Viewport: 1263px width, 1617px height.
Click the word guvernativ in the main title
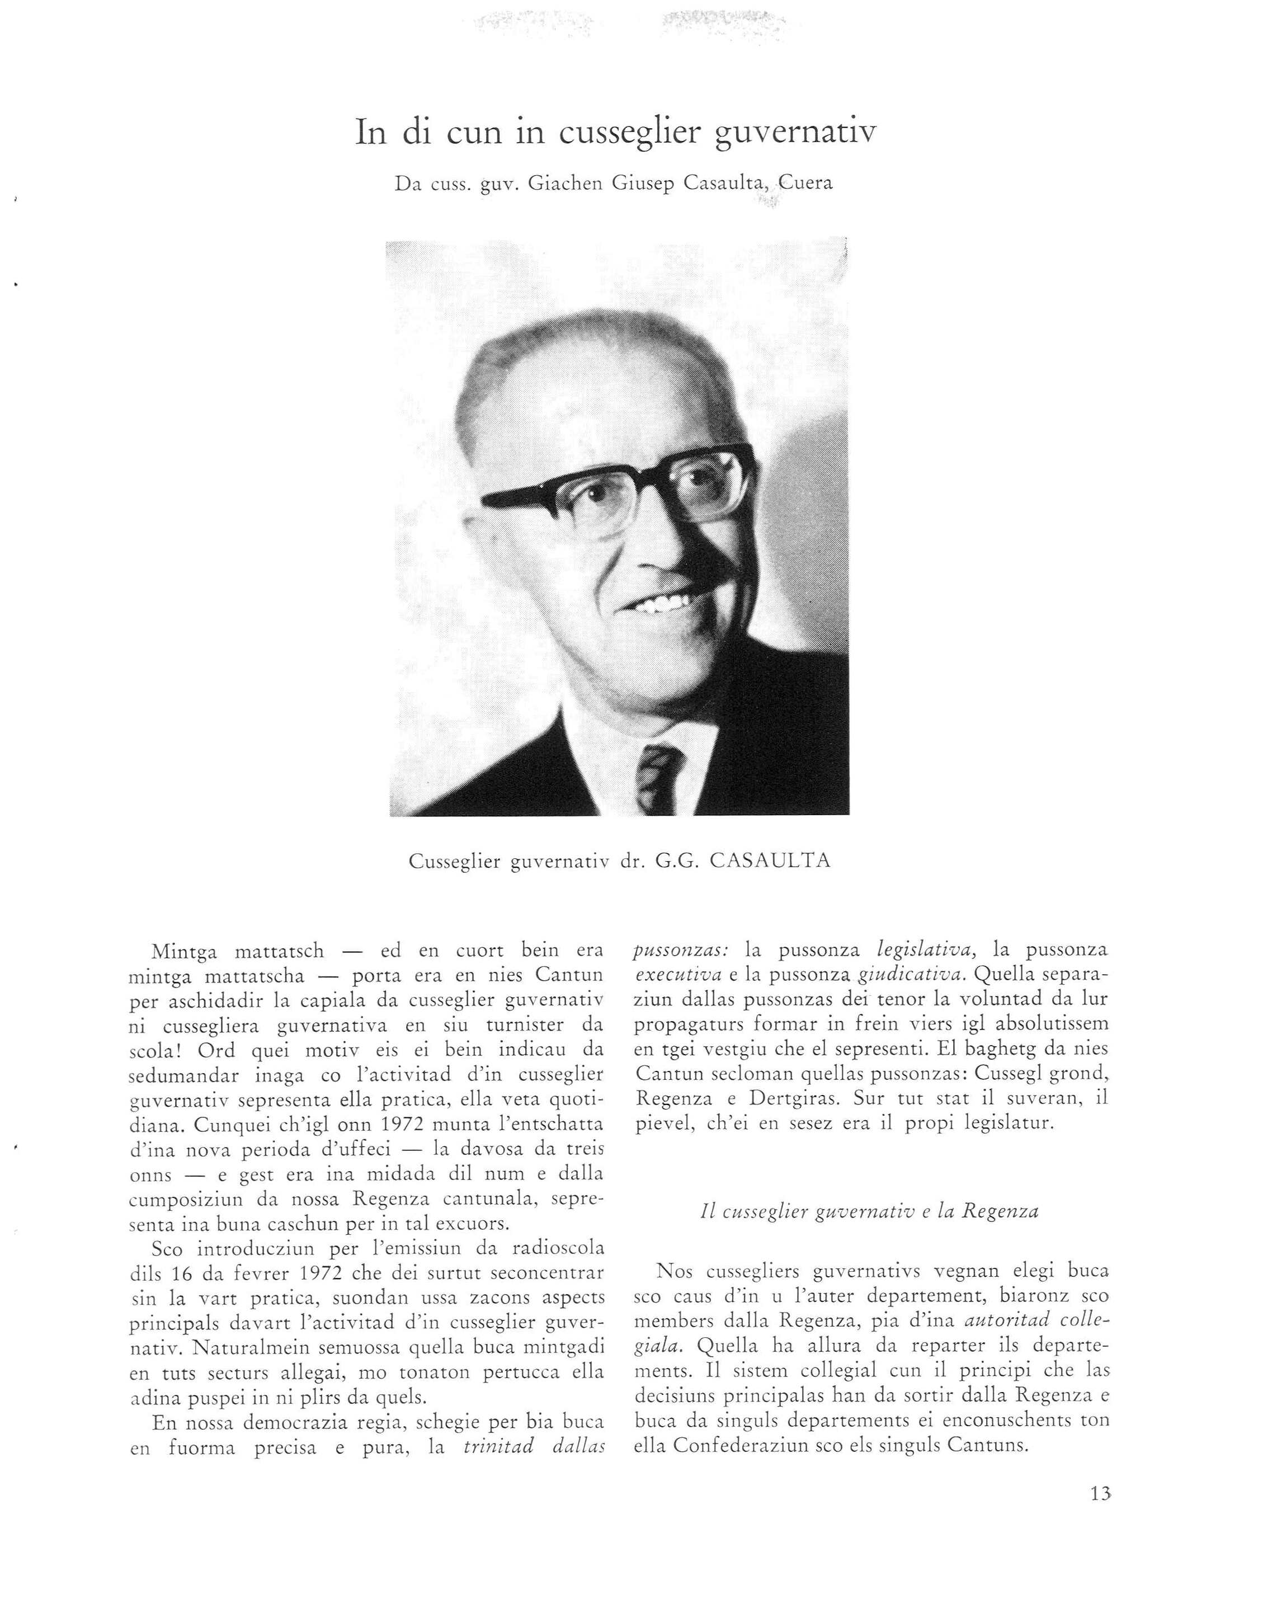tap(796, 133)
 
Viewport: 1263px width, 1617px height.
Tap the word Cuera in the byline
tap(805, 183)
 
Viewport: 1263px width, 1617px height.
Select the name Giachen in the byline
tap(568, 183)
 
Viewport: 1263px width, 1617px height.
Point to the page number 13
tap(1101, 1494)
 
